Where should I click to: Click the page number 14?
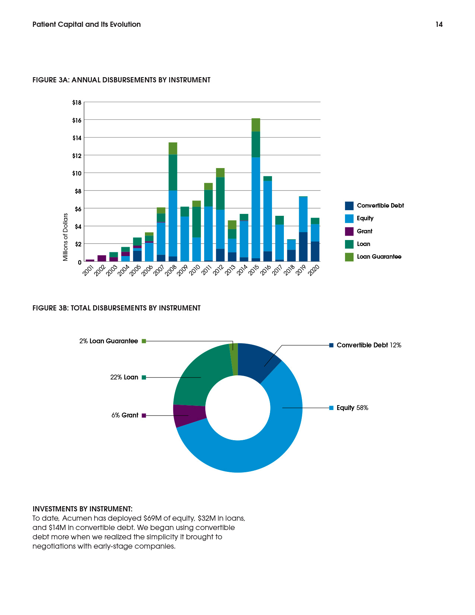coord(439,24)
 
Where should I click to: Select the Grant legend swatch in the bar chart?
coord(349,231)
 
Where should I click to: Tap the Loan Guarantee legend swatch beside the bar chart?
coord(349,257)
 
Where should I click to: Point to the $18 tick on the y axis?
coord(77,102)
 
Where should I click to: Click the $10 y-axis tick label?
coord(77,173)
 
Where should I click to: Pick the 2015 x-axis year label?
coord(253,270)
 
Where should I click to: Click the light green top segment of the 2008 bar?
coord(173,149)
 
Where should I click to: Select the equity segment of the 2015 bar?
coord(256,208)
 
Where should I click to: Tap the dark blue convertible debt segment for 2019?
coord(303,247)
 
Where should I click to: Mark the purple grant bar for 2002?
coord(102,258)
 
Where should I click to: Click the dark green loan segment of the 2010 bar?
coord(196,222)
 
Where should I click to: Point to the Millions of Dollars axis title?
coord(65,237)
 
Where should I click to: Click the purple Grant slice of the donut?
coord(189,415)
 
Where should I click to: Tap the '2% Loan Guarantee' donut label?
coord(109,341)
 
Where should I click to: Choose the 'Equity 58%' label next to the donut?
coord(352,408)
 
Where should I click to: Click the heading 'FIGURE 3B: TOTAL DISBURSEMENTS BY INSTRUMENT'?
coord(116,308)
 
